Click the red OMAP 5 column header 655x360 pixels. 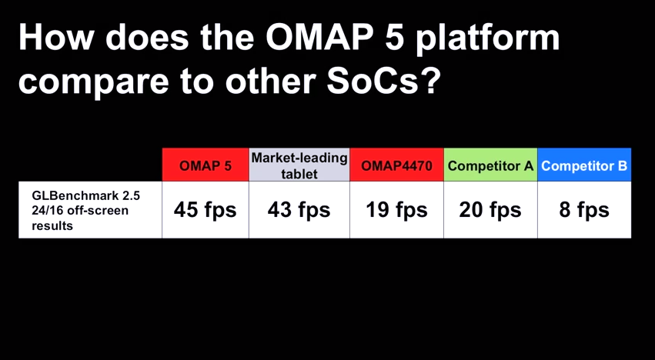click(x=205, y=165)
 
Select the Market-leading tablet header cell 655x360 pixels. click(x=299, y=165)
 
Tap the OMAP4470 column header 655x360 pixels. click(x=396, y=165)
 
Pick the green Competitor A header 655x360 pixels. click(x=490, y=165)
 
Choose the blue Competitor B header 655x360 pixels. click(x=584, y=165)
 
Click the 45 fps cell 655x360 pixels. click(x=205, y=210)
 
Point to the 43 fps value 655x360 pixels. click(x=299, y=210)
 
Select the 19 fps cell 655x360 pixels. click(x=396, y=210)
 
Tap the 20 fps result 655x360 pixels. click(x=490, y=210)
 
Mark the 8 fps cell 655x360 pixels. click(x=584, y=210)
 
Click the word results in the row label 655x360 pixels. click(x=52, y=226)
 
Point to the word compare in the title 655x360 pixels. click(x=94, y=82)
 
